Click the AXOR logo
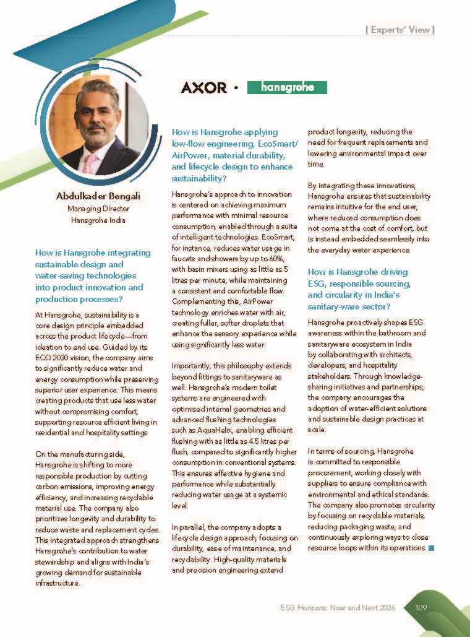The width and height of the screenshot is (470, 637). tap(203, 88)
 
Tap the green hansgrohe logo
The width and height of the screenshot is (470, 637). tap(287, 87)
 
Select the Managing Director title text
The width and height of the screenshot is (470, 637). tap(98, 209)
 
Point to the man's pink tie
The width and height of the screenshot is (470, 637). tap(91, 163)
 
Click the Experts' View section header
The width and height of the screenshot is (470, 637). tap(400, 29)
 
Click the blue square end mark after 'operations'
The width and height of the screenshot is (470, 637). tap(431, 548)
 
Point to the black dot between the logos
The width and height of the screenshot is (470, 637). tap(236, 89)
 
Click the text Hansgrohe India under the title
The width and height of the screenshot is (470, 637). tap(98, 220)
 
